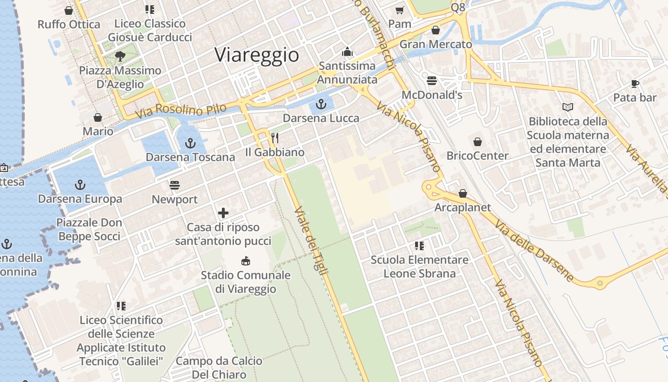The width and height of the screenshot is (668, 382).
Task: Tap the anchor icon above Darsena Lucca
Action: [322, 104]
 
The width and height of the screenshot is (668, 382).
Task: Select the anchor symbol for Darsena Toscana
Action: [190, 143]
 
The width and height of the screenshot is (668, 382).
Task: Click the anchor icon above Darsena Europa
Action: [80, 185]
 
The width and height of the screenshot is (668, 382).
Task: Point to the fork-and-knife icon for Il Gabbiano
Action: [275, 138]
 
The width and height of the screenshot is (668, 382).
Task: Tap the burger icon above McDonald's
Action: [432, 81]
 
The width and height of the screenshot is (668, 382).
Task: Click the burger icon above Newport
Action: [175, 185]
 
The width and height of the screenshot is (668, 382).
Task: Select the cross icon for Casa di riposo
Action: [223, 213]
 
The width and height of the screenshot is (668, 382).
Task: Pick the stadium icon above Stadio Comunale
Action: [246, 261]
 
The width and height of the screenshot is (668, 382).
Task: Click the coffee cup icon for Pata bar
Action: [635, 84]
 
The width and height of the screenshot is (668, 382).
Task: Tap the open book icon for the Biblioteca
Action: [568, 107]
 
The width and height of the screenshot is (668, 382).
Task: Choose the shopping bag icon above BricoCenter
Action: [477, 142]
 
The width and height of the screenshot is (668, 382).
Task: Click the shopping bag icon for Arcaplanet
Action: [462, 193]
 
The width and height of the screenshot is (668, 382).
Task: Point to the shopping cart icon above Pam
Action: [399, 10]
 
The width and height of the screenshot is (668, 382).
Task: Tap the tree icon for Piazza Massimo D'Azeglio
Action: [120, 56]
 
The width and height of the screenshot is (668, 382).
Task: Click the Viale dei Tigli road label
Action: [312, 241]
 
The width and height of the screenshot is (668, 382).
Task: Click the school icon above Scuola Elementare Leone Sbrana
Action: [419, 246]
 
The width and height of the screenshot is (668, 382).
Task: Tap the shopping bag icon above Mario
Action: [98, 117]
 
